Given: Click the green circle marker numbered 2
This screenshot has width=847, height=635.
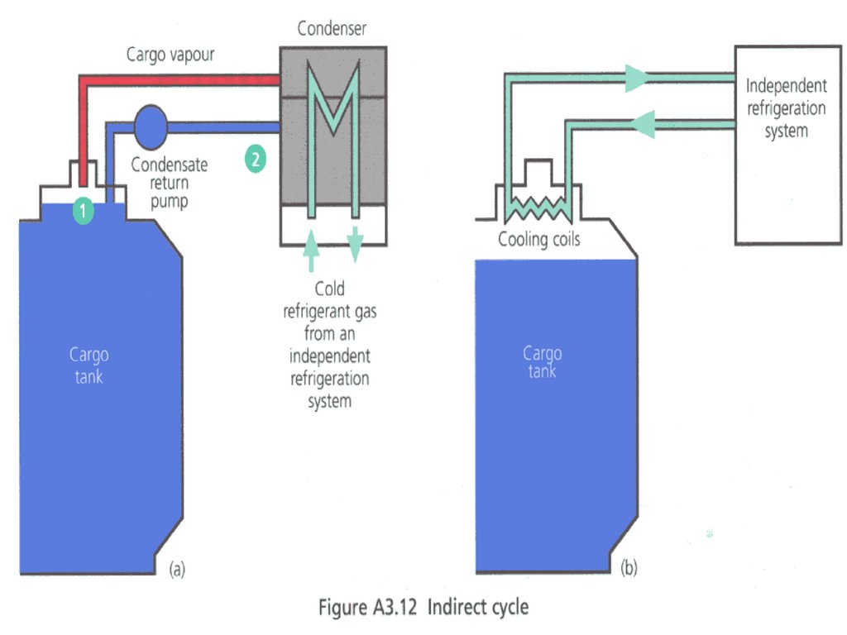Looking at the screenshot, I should click(x=255, y=160).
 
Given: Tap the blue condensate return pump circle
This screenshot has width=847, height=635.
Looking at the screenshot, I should click(x=150, y=125).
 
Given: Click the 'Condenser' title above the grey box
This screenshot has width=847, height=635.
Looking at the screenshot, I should click(x=331, y=30).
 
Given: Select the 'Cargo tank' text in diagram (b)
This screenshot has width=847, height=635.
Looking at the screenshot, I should click(x=542, y=362).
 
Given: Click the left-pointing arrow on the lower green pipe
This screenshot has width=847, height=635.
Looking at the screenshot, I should click(x=646, y=125).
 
